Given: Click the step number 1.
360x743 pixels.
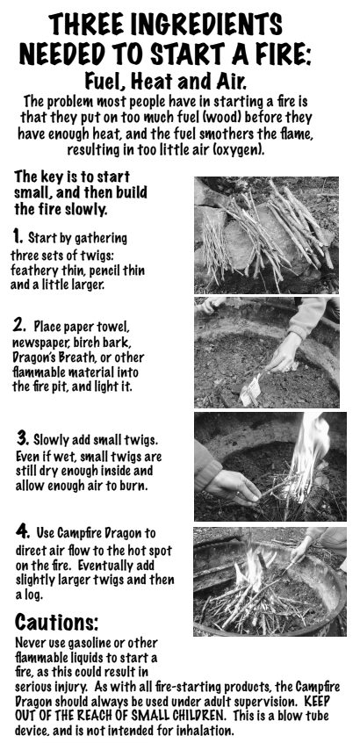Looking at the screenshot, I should pyautogui.click(x=18, y=236).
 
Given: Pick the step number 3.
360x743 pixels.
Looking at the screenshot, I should pyautogui.click(x=23, y=436).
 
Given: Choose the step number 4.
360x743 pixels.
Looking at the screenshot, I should pyautogui.click(x=23, y=530).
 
